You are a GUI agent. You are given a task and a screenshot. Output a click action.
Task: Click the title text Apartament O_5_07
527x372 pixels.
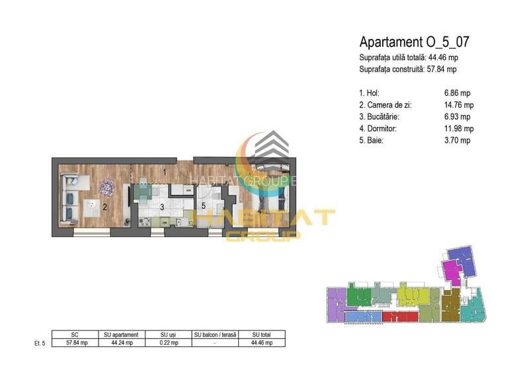point(414,42)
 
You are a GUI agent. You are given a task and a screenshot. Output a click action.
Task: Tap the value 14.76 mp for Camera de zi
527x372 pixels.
point(459,105)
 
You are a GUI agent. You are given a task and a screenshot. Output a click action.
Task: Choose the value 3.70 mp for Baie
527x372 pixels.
point(458,141)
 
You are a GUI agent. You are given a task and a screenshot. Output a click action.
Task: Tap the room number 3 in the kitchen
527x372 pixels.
point(161,207)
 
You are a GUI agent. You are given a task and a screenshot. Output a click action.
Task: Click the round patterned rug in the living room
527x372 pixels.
point(106,188)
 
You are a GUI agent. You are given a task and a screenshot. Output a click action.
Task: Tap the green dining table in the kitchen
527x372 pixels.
point(143,192)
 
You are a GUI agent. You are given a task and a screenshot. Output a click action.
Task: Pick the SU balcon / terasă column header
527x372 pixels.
point(215,335)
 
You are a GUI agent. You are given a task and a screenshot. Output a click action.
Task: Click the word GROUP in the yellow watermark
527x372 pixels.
point(263,235)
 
